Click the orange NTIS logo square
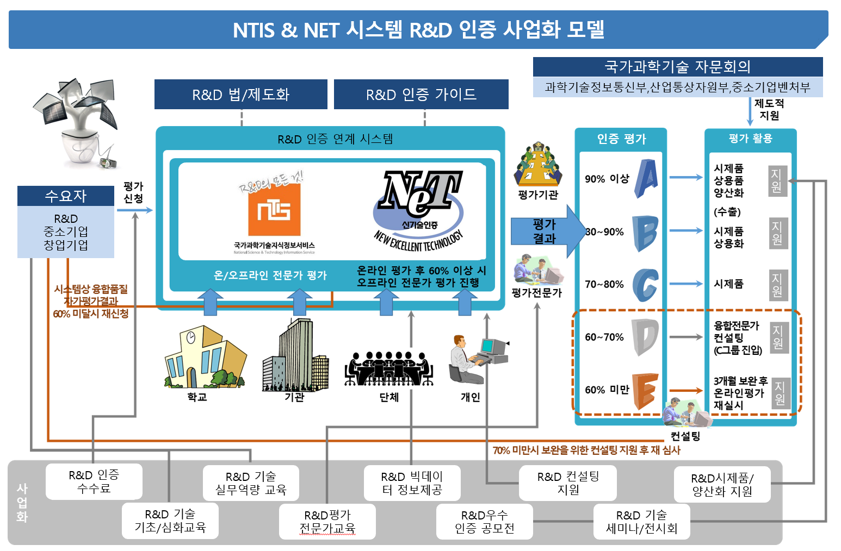coord(274,209)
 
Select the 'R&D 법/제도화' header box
coord(240,95)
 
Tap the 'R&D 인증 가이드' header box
coord(421,95)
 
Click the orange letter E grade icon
coord(645,390)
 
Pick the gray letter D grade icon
coord(645,337)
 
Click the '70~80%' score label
coord(604,284)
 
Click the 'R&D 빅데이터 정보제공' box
coord(412,483)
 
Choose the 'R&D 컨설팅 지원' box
coord(568,483)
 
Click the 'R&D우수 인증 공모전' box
coord(484,522)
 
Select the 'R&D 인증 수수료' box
coord(94,481)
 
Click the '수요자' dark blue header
coord(66,196)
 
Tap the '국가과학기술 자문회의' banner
coord(677,67)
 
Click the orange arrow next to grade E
coord(685,391)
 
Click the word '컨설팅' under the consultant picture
coord(685,436)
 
